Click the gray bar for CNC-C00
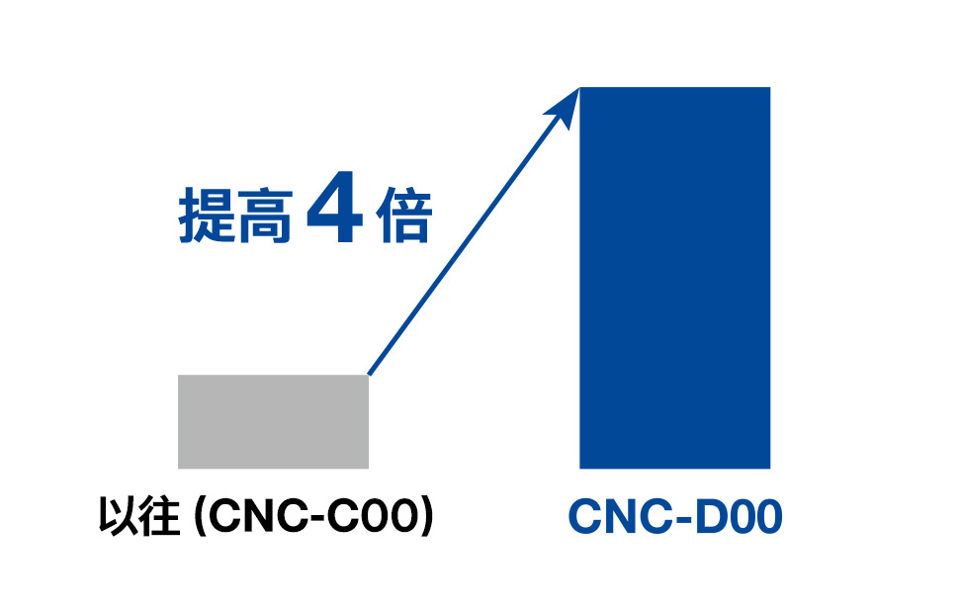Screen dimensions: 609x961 [x=273, y=421]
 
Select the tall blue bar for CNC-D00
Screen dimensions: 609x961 [x=674, y=277]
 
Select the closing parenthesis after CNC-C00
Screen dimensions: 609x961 [x=427, y=518]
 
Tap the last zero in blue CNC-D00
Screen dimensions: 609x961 [x=766, y=518]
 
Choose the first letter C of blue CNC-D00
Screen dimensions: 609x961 [x=585, y=518]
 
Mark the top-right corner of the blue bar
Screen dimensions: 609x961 [x=769, y=88]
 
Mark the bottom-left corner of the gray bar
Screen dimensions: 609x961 [x=179, y=468]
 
